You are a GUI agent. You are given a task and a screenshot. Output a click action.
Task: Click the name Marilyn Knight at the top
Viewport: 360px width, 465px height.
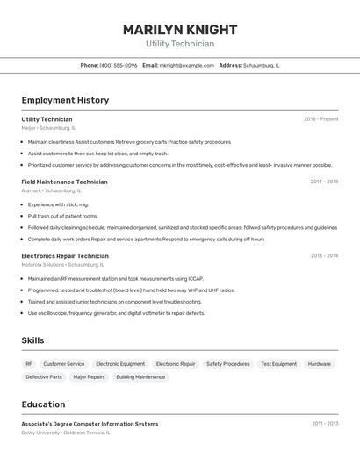(x=179, y=29)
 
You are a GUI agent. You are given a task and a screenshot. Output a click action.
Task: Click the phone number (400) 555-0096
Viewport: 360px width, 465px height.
(x=119, y=65)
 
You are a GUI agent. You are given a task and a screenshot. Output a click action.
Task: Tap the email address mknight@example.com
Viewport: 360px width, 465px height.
(x=186, y=65)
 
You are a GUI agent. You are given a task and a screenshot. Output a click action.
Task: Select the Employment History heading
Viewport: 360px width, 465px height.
(x=65, y=100)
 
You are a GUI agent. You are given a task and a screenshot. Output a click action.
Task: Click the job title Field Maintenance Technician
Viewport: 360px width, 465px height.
(x=64, y=182)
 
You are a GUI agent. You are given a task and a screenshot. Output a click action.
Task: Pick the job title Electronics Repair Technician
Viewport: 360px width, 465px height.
(x=65, y=255)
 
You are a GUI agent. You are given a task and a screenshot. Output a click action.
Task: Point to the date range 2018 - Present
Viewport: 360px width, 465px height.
(x=321, y=119)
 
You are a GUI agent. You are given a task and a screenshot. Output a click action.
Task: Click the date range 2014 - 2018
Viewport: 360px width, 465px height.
(x=324, y=182)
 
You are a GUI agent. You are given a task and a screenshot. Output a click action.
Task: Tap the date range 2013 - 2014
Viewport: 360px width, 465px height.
(x=324, y=255)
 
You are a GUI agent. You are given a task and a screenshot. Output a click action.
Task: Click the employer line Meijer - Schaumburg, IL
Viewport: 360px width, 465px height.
(x=48, y=127)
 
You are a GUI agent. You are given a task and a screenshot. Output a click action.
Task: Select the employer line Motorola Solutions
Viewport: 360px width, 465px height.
(x=62, y=264)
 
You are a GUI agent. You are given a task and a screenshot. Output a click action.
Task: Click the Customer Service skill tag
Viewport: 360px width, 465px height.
(x=64, y=363)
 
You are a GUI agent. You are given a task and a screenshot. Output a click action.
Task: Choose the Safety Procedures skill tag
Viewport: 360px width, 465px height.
(x=228, y=363)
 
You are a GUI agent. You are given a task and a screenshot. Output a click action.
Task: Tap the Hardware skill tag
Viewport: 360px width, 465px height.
(x=320, y=363)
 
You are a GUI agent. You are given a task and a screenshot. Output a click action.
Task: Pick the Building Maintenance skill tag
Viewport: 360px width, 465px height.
(x=140, y=376)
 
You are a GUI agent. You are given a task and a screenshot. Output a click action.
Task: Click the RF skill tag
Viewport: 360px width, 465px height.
(x=29, y=363)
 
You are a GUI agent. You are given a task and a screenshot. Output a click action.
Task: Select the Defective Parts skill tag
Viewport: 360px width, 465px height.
(x=44, y=376)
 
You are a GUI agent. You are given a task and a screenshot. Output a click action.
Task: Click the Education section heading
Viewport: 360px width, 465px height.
(x=43, y=404)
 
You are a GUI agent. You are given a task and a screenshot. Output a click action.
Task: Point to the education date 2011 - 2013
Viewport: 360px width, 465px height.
(x=324, y=424)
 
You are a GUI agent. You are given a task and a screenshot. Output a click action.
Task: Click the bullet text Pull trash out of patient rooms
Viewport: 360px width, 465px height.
(x=63, y=216)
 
